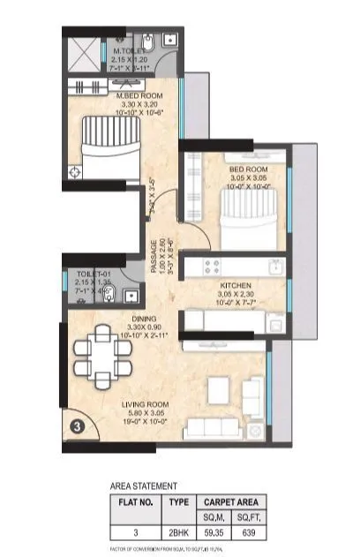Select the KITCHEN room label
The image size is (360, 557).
[236, 286]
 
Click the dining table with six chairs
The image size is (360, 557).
[104, 354]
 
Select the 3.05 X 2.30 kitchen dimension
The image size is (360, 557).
[236, 296]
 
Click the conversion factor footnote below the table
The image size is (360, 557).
[168, 549]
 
